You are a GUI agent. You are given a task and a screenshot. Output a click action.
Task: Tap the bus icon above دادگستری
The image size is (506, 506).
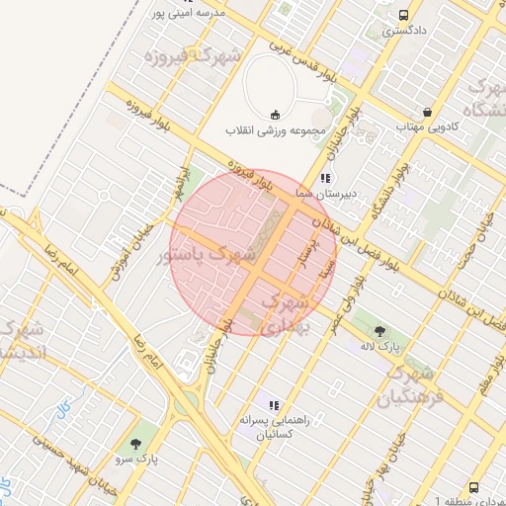pos(404,15)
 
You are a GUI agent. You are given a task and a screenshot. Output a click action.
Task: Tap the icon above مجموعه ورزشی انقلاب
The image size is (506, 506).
pos(274,113)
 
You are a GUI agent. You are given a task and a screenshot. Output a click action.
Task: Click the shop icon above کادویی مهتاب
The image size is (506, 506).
pos(426,112)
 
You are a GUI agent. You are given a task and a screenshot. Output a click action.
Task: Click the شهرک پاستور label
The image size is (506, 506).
pos(208,254)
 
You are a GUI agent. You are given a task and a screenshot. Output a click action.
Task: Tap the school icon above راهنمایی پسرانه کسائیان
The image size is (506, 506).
pos(274,404)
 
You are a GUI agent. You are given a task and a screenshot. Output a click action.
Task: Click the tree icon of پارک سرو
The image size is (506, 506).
pos(136,444)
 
